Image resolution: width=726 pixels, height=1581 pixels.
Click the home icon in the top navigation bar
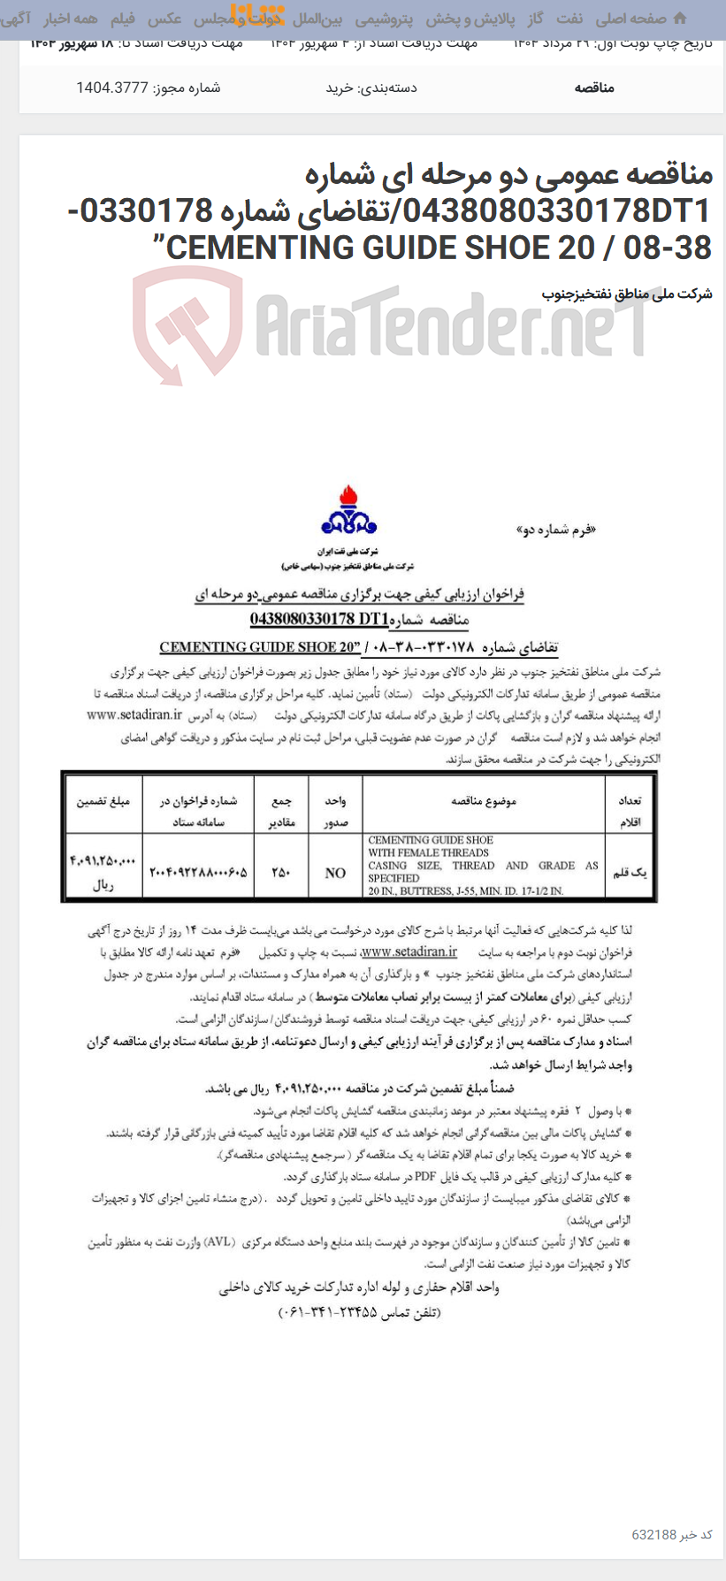[x=680, y=19]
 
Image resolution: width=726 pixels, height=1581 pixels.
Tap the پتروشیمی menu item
[x=384, y=19]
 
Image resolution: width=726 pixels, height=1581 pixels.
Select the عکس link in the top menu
[x=164, y=19]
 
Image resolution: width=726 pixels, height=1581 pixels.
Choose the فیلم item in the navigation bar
[x=123, y=19]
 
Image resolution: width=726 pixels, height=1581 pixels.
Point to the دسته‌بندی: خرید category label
[x=371, y=88]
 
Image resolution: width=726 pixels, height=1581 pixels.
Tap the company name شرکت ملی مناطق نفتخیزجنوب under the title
[x=627, y=294]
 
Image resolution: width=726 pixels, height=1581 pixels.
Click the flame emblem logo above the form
[x=349, y=512]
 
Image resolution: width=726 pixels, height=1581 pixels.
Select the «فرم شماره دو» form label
[x=555, y=531]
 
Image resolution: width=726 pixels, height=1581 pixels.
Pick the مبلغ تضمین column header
[x=103, y=801]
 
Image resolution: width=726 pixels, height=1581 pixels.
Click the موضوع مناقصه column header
[x=483, y=801]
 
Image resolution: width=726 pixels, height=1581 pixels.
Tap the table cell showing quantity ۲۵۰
[x=281, y=872]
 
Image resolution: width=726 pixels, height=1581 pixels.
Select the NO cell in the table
[x=335, y=873]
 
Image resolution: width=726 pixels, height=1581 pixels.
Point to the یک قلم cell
[x=630, y=872]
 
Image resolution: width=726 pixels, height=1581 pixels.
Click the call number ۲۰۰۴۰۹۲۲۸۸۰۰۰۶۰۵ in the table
[x=198, y=872]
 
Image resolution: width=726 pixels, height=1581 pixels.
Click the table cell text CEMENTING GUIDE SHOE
[x=431, y=840]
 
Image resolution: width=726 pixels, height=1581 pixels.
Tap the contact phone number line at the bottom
[x=359, y=1312]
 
